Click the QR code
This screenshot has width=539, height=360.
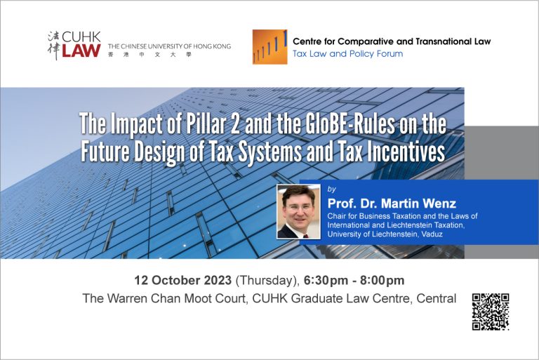click(491, 312)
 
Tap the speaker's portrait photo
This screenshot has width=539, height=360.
click(298, 211)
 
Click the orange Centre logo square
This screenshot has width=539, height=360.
click(269, 47)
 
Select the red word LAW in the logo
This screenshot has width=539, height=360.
click(81, 51)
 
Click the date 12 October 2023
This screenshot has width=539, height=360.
click(183, 280)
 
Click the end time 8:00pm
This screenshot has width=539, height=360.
click(382, 281)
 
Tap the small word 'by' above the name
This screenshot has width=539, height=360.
click(332, 189)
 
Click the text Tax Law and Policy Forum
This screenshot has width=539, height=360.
click(347, 54)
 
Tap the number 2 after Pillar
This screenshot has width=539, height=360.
click(236, 124)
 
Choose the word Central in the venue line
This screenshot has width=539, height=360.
click(437, 298)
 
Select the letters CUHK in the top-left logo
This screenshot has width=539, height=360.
click(82, 37)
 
